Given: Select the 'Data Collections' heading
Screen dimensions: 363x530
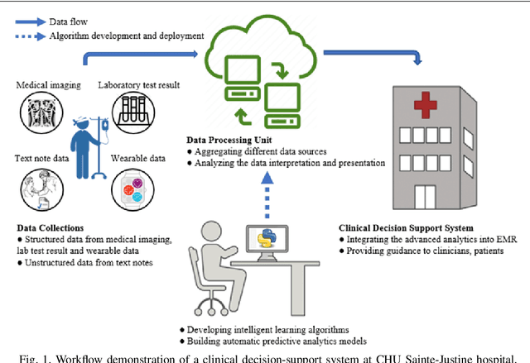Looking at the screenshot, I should (51, 227).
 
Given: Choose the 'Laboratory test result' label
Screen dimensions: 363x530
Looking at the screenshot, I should (137, 85).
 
